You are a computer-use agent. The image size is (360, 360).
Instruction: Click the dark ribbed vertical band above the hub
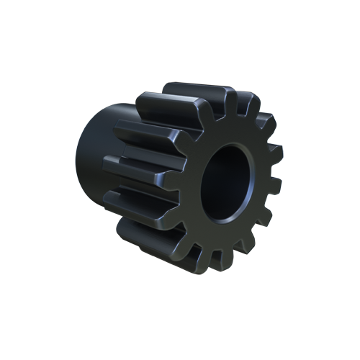(115, 92)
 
